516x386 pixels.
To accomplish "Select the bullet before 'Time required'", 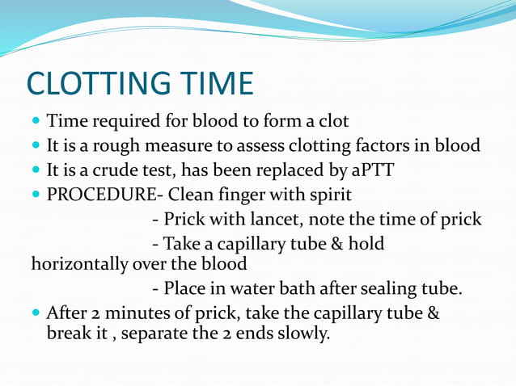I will (x=36, y=122).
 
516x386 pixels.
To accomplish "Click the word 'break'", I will (x=70, y=333).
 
